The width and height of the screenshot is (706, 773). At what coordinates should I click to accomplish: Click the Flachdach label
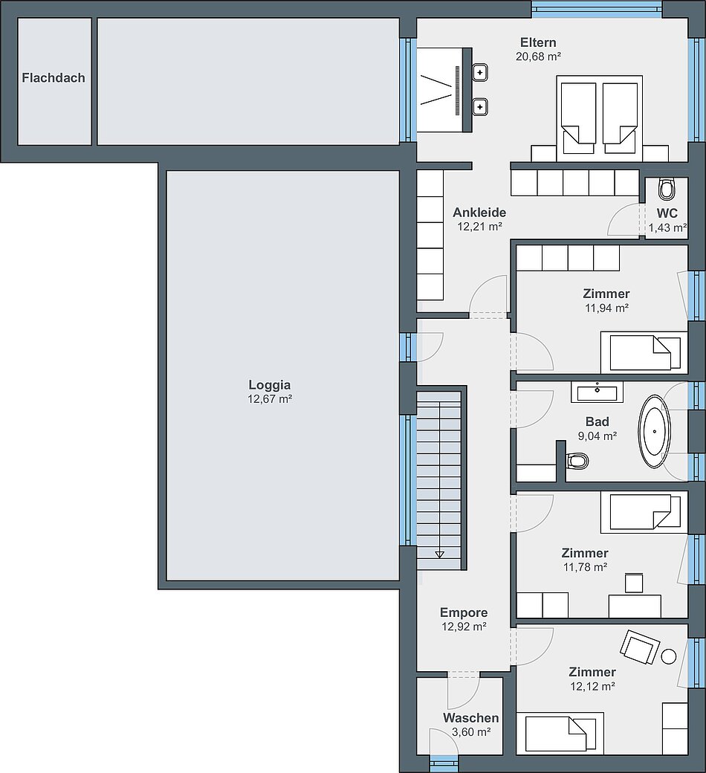click(54, 77)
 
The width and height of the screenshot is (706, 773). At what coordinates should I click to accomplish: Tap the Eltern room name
click(538, 42)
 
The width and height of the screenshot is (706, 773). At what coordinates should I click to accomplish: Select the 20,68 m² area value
click(538, 56)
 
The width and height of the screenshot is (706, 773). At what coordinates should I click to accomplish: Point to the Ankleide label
click(479, 213)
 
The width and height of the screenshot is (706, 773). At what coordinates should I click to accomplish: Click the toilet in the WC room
click(666, 189)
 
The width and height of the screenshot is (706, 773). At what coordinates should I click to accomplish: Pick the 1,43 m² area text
click(667, 227)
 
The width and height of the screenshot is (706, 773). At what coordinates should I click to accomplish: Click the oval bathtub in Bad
click(655, 431)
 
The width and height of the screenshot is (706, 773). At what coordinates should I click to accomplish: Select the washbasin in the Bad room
click(597, 392)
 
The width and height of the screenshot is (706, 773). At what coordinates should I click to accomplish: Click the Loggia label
click(269, 385)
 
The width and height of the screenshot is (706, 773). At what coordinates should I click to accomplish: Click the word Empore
click(464, 612)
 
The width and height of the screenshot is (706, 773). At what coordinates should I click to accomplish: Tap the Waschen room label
click(471, 718)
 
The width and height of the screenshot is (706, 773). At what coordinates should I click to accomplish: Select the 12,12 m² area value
click(592, 686)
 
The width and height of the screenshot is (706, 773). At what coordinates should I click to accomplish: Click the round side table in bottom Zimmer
click(669, 656)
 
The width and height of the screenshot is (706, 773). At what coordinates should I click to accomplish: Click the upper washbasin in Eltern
click(479, 73)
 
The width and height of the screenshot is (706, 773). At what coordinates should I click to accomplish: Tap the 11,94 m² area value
click(606, 308)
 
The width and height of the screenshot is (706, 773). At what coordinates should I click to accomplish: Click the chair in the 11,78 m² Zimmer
click(634, 583)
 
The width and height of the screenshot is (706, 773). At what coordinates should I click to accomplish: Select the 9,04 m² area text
click(597, 436)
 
